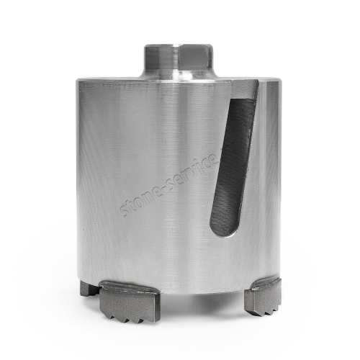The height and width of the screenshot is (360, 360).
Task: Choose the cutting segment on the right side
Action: (263, 294)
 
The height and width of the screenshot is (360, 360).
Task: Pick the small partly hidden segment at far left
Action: (89, 289)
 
